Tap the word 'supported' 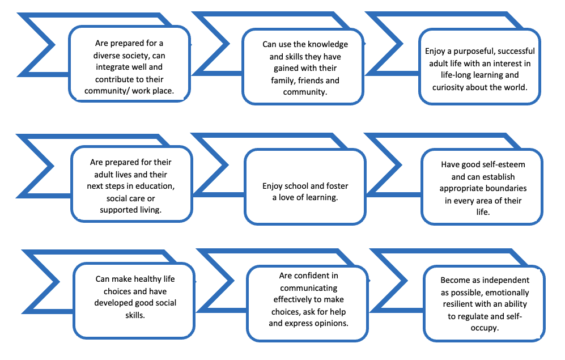point(117,210)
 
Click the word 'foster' point(337,186)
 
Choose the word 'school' point(300,186)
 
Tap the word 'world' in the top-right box point(515,87)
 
